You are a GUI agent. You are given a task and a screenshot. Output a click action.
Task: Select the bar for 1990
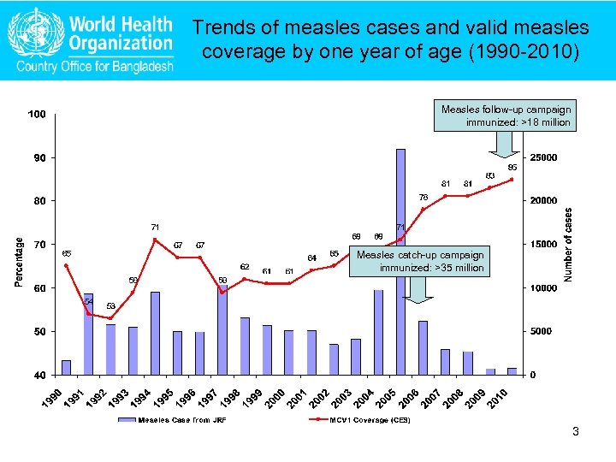point(67,367)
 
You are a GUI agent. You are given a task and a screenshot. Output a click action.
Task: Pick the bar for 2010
point(512,370)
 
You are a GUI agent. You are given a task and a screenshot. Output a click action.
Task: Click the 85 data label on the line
point(512,167)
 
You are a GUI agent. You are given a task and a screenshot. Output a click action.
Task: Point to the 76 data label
point(423,197)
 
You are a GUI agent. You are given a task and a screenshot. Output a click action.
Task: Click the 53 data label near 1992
point(110,305)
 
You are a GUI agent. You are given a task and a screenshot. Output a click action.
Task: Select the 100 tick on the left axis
point(36,114)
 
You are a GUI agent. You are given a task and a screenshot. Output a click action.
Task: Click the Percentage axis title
point(19,250)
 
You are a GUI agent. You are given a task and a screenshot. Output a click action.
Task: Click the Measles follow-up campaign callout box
point(506,115)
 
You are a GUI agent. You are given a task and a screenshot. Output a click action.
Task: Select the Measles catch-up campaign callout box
point(419,261)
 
